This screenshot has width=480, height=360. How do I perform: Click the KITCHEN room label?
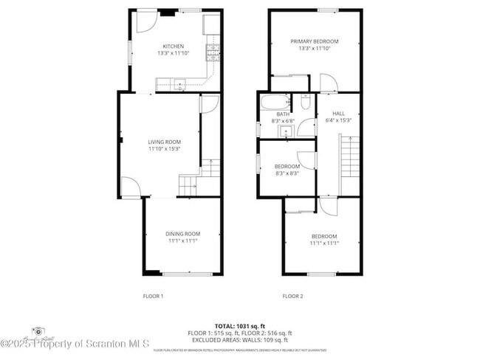174,46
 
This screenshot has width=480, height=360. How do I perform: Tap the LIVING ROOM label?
164,142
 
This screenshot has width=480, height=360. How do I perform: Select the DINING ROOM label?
182,234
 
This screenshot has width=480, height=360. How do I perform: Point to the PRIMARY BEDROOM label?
314,41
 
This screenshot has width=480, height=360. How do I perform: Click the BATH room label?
284,114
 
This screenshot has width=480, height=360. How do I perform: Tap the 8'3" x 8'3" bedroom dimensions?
287,173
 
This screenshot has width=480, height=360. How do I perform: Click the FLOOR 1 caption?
153,296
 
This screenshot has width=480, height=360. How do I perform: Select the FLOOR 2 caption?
292,296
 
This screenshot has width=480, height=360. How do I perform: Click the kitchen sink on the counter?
179,81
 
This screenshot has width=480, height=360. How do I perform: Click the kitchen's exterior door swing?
145,21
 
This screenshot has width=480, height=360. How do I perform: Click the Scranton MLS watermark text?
75,344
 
